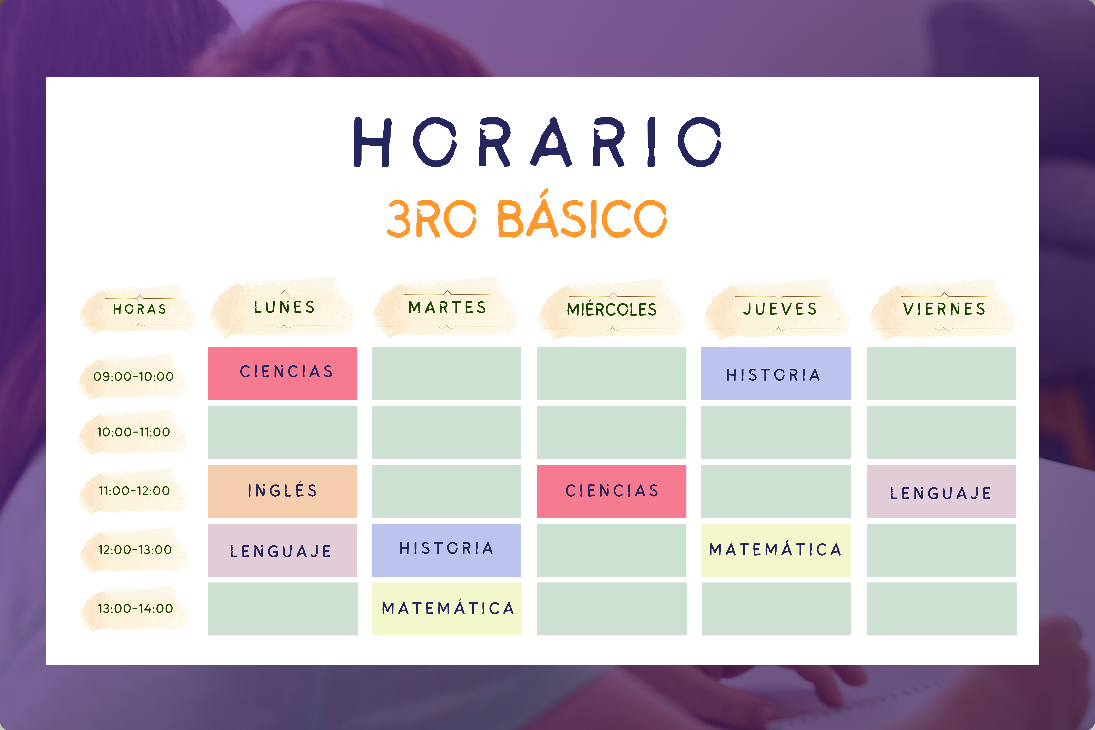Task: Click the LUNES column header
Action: tap(285, 307)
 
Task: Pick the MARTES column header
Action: tap(447, 307)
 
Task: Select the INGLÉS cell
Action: tap(283, 491)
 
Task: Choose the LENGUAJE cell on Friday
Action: tap(941, 491)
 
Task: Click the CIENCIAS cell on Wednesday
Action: tap(611, 491)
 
